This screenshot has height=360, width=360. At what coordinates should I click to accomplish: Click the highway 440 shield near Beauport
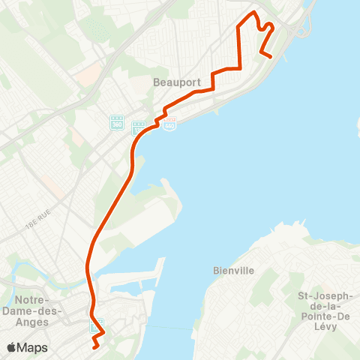point(172,121)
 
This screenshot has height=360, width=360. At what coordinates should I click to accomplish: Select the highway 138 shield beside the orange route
point(139,128)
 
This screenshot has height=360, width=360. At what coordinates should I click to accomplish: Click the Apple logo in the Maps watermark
point(12,347)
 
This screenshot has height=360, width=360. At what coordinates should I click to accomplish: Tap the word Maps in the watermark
point(34,347)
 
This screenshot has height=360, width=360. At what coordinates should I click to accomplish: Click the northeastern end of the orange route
point(269,55)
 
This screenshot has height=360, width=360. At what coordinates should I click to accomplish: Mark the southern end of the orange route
point(94,347)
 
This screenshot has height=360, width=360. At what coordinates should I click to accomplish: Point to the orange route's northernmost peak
point(254,13)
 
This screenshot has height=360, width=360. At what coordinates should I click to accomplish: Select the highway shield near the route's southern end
point(95,326)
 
